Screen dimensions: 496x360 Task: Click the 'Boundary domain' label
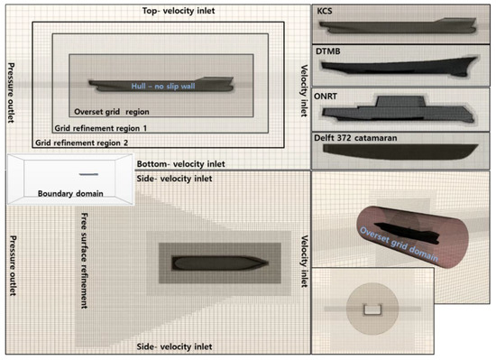[69, 193]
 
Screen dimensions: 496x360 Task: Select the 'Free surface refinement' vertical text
[79, 252]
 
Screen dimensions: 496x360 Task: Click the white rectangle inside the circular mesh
[371, 310]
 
